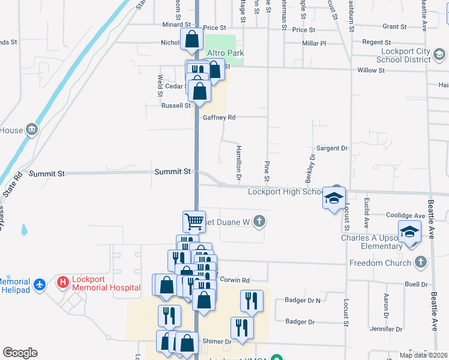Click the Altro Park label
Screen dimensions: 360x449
tap(225, 53)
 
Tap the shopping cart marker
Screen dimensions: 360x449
tap(194, 221)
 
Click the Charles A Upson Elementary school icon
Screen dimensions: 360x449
tap(409, 232)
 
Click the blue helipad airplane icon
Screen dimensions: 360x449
tap(40, 284)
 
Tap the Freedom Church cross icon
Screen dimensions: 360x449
tap(421, 262)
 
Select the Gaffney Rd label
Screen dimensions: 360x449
tap(219, 118)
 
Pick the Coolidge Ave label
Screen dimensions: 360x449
tap(405, 216)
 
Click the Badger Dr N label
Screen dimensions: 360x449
tap(303, 300)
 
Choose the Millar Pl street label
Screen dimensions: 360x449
tap(314, 43)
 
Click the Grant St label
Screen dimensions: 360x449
tap(394, 27)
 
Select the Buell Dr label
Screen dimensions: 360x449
tap(415, 284)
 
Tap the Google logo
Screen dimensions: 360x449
tap(20, 353)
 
